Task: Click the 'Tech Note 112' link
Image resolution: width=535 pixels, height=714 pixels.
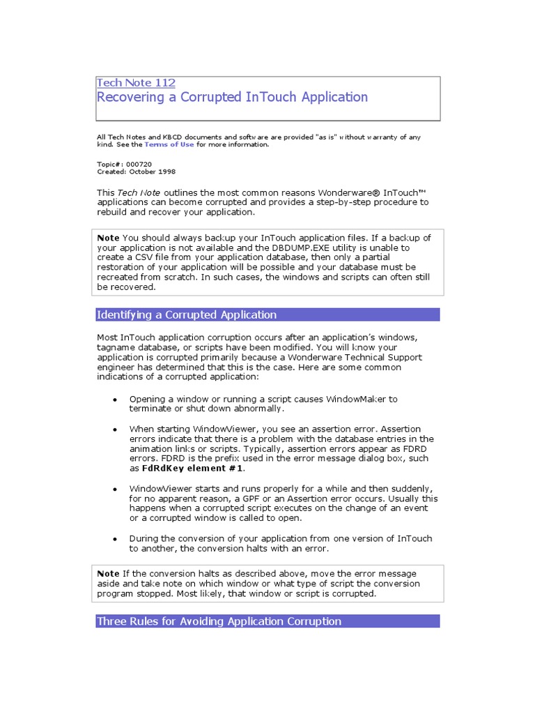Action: point(136,82)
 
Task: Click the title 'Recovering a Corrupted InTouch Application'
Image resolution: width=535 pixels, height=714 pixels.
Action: point(232,97)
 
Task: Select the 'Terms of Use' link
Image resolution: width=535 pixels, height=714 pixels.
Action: point(169,144)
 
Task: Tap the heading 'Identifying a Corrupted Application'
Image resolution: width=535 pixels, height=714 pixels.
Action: point(187,314)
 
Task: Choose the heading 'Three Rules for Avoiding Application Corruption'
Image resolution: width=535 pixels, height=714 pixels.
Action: point(219,621)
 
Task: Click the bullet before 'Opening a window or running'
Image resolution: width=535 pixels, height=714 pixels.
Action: point(115,400)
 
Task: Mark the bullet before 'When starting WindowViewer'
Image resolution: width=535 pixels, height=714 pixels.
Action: point(115,430)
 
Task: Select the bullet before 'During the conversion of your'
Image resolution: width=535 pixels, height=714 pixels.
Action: point(115,539)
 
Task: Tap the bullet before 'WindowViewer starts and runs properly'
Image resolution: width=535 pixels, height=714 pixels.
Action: point(115,489)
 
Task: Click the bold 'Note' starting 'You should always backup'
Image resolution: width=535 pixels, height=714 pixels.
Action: point(108,238)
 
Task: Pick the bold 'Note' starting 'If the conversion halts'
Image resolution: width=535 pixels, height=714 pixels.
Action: point(108,573)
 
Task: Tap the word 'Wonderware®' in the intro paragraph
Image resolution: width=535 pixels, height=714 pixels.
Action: point(348,192)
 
